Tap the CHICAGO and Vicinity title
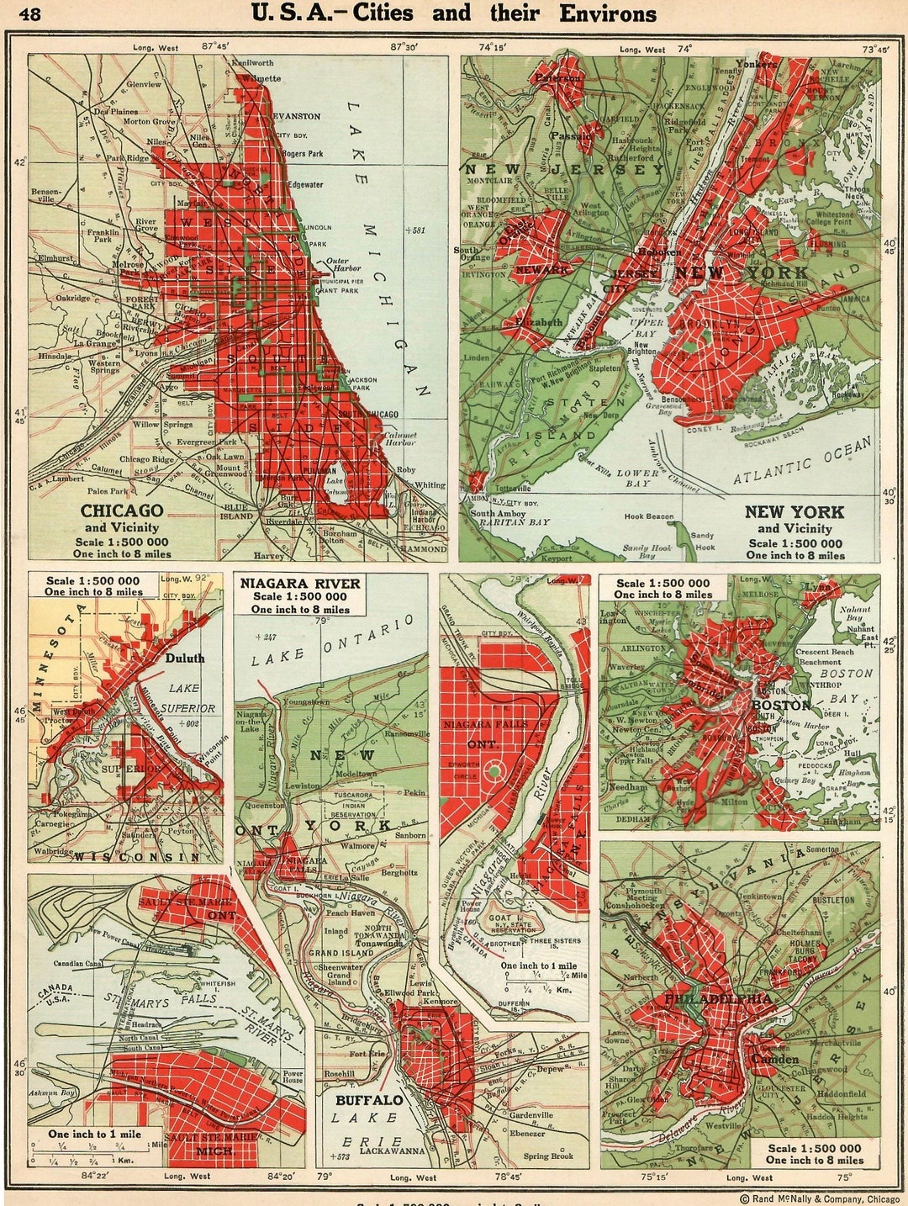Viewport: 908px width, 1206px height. pyautogui.click(x=122, y=518)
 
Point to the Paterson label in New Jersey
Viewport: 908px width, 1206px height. pyautogui.click(x=559, y=77)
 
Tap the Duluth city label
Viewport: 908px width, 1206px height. pyautogui.click(x=184, y=659)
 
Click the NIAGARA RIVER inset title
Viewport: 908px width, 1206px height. pyautogui.click(x=299, y=584)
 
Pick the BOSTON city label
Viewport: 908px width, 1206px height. pyautogui.click(x=780, y=705)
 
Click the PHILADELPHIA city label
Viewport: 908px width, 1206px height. pyautogui.click(x=717, y=999)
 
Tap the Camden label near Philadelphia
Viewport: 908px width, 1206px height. pyautogui.click(x=775, y=1059)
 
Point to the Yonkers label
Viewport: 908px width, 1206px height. pyautogui.click(x=756, y=63)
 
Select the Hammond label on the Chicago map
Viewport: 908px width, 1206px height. pyautogui.click(x=425, y=549)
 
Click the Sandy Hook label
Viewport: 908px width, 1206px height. pyautogui.click(x=703, y=541)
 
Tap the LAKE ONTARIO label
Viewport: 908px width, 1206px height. pyautogui.click(x=334, y=641)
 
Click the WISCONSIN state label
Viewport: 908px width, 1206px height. pyautogui.click(x=136, y=857)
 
